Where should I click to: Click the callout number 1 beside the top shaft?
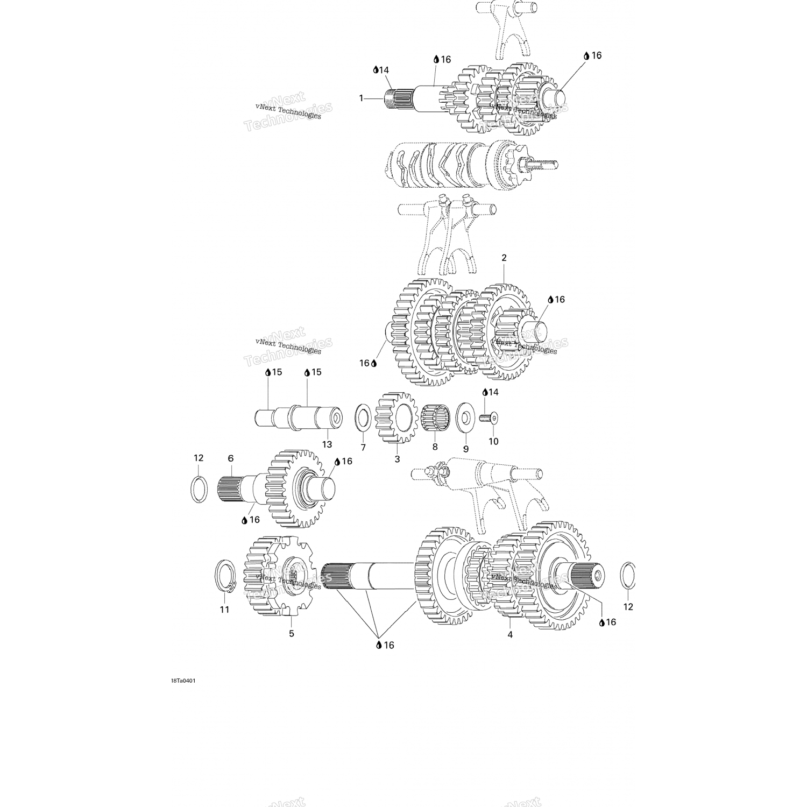pyautogui.click(x=362, y=98)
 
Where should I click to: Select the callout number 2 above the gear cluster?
pyautogui.click(x=504, y=258)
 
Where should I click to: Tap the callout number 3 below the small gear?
pyautogui.click(x=398, y=459)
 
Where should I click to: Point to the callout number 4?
pyautogui.click(x=510, y=635)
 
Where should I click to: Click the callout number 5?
pyautogui.click(x=292, y=634)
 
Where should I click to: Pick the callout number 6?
pyautogui.click(x=231, y=458)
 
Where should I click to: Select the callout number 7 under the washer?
pyautogui.click(x=363, y=448)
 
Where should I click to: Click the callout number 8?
pyautogui.click(x=435, y=447)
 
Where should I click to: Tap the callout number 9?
pyautogui.click(x=466, y=449)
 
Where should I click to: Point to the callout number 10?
pyautogui.click(x=493, y=442)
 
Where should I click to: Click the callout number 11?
pyautogui.click(x=224, y=610)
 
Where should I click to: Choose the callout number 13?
pyautogui.click(x=327, y=444)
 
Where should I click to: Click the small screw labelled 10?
pyautogui.click(x=490, y=417)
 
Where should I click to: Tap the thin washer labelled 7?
pyautogui.click(x=362, y=419)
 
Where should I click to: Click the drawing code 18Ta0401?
pyautogui.click(x=183, y=681)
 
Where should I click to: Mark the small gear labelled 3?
pyautogui.click(x=397, y=417)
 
